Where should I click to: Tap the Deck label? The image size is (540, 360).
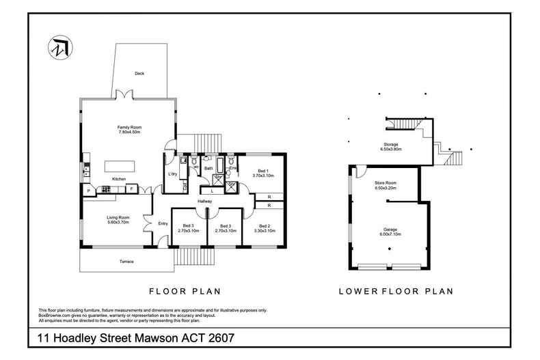click(x=139, y=73)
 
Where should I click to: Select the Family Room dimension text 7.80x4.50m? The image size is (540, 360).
click(x=129, y=132)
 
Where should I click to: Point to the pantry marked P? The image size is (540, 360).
click(x=88, y=189)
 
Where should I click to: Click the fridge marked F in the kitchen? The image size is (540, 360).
click(x=132, y=189)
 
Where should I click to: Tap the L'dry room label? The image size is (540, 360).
click(x=173, y=174)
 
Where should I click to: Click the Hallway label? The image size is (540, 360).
click(x=205, y=202)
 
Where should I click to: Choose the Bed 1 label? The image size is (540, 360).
click(x=263, y=170)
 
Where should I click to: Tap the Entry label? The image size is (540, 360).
click(x=163, y=223)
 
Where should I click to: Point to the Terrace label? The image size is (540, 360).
click(x=126, y=262)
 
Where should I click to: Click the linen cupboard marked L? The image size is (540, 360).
click(x=212, y=191)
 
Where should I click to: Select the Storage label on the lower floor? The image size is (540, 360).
click(x=390, y=144)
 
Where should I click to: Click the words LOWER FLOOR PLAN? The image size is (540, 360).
click(x=396, y=291)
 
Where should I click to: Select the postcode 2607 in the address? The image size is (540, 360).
click(x=218, y=338)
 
